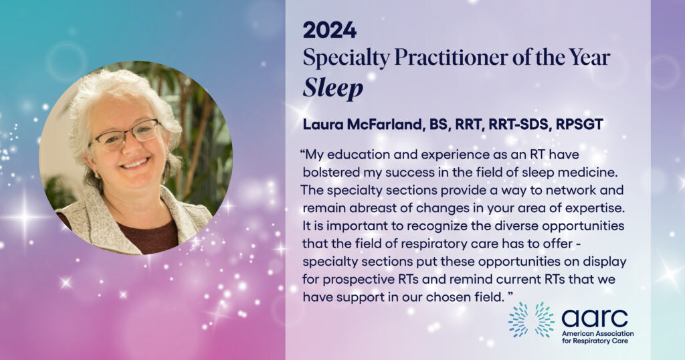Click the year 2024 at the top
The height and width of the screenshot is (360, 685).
tap(330, 31)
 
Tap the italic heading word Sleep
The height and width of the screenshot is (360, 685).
tap(333, 89)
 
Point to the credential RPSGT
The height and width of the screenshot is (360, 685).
tap(579, 124)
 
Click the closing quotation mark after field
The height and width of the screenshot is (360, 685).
tap(510, 295)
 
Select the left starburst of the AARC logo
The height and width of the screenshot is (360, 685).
tap(518, 320)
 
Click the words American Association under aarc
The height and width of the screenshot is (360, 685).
tap(597, 333)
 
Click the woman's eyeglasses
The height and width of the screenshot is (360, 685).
tap(124, 135)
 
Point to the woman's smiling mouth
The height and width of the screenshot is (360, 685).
tap(135, 163)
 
